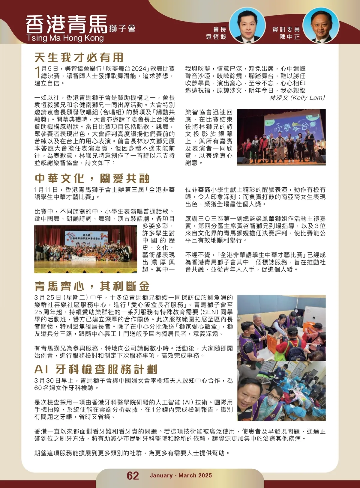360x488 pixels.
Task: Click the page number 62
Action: click(133, 475)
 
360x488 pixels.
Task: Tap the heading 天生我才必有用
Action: click(79, 57)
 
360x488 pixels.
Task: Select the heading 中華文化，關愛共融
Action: click(92, 178)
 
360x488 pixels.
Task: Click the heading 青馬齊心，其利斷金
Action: click(92, 286)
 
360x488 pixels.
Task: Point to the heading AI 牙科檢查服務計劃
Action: click(96, 369)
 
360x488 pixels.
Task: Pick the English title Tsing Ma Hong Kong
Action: click(65, 38)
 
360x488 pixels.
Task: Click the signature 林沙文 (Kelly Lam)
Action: click(297, 98)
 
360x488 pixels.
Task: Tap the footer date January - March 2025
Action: click(181, 475)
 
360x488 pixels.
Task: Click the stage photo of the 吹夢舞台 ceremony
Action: click(281, 137)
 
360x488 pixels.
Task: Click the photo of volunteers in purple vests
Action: click(281, 328)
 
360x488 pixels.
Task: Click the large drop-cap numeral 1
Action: click(37, 72)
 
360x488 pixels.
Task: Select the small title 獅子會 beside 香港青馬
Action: click(122, 28)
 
